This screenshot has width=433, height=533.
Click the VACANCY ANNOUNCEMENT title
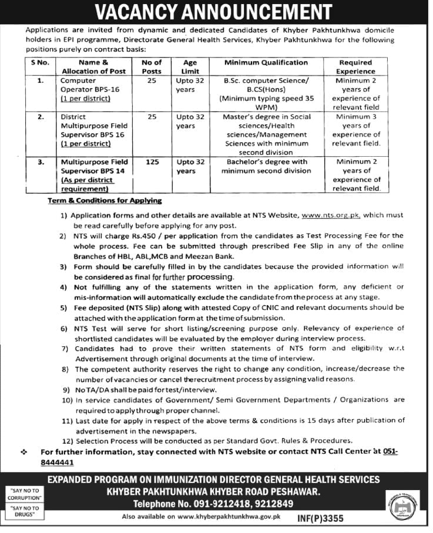click(x=216, y=12)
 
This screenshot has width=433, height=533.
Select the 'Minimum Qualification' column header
click(x=266, y=62)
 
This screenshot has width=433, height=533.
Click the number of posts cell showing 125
click(x=152, y=162)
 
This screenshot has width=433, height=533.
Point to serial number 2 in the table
click(x=41, y=117)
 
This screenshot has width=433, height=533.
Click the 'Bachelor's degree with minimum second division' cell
click(x=266, y=166)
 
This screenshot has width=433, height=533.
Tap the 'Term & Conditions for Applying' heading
click(x=105, y=201)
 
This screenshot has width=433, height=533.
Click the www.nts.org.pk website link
click(x=330, y=215)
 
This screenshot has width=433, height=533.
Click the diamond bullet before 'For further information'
click(x=24, y=452)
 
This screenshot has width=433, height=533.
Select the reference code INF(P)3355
click(x=320, y=518)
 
